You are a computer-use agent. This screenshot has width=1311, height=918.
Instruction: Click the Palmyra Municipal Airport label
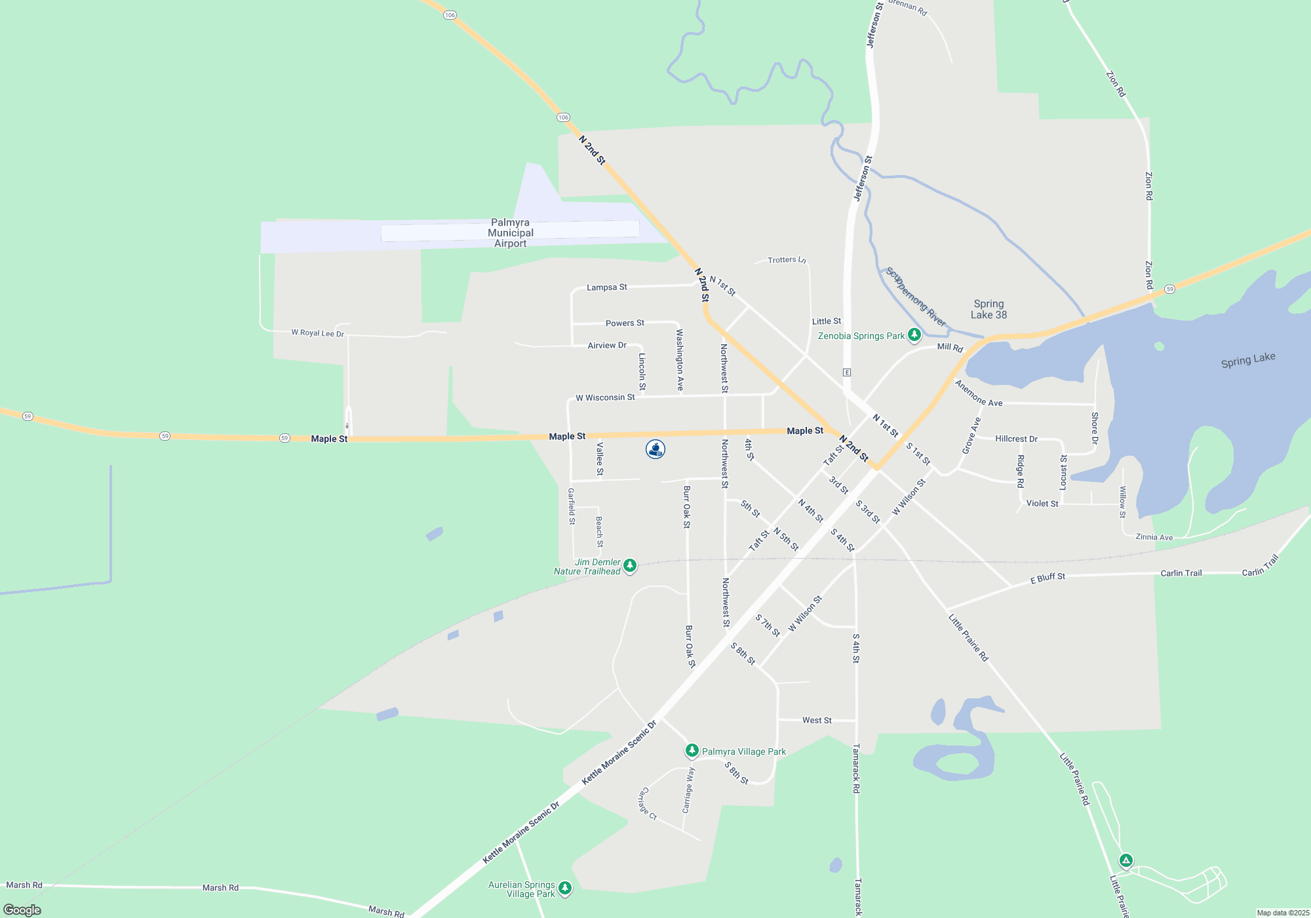511,233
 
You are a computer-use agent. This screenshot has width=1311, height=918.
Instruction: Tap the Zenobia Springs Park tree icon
914,335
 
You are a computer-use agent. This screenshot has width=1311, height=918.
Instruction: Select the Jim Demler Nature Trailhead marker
630,565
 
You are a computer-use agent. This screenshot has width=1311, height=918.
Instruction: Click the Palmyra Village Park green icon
692,750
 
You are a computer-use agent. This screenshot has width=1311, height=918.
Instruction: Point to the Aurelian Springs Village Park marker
565,888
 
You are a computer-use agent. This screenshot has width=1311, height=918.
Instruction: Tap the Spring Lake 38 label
988,309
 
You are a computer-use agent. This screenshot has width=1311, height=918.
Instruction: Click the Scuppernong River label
916,296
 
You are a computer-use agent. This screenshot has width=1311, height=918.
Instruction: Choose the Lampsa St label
606,287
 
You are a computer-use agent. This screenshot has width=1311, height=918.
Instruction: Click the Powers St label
625,323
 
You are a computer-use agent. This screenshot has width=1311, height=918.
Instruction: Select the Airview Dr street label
607,346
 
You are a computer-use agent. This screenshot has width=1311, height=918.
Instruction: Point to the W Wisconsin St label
605,397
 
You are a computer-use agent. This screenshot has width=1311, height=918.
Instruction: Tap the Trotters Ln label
787,260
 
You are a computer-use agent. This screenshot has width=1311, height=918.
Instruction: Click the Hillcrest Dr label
1016,439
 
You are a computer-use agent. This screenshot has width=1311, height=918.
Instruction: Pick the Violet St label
1042,504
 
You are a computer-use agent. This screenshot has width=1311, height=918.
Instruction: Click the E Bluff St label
1047,578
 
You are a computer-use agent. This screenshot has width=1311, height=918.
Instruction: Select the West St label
817,720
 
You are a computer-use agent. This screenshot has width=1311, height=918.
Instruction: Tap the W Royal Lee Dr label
317,333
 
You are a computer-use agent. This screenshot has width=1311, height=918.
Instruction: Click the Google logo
22,909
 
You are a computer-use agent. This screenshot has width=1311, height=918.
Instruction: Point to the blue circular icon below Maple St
655,449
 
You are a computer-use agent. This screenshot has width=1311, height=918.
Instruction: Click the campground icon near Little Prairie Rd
1125,861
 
